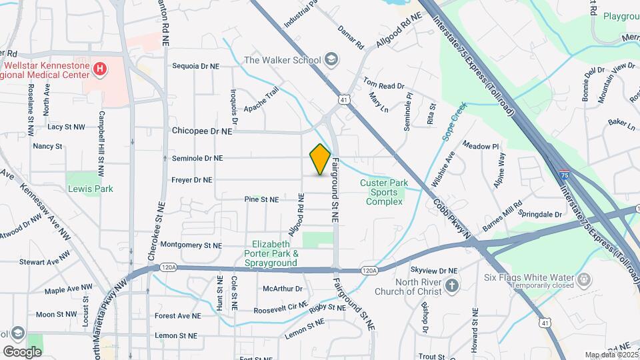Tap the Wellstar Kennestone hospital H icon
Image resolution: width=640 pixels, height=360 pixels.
[x=99, y=68]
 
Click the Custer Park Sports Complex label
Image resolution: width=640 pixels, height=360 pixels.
[x=382, y=193]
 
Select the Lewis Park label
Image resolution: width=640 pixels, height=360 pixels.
[x=91, y=189]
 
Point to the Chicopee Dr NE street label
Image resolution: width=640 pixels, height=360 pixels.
[x=201, y=132]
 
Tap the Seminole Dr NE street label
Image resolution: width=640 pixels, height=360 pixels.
[x=197, y=159]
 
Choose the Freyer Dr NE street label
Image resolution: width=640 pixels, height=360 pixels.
[x=191, y=180]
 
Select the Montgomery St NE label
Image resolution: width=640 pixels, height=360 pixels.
[x=191, y=245]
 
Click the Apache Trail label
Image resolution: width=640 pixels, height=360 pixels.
[x=261, y=99]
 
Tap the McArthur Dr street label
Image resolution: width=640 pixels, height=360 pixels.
[x=283, y=289]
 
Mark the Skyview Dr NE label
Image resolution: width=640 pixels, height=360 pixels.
[x=434, y=270]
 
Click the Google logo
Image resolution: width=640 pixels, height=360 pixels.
[x=22, y=351]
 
